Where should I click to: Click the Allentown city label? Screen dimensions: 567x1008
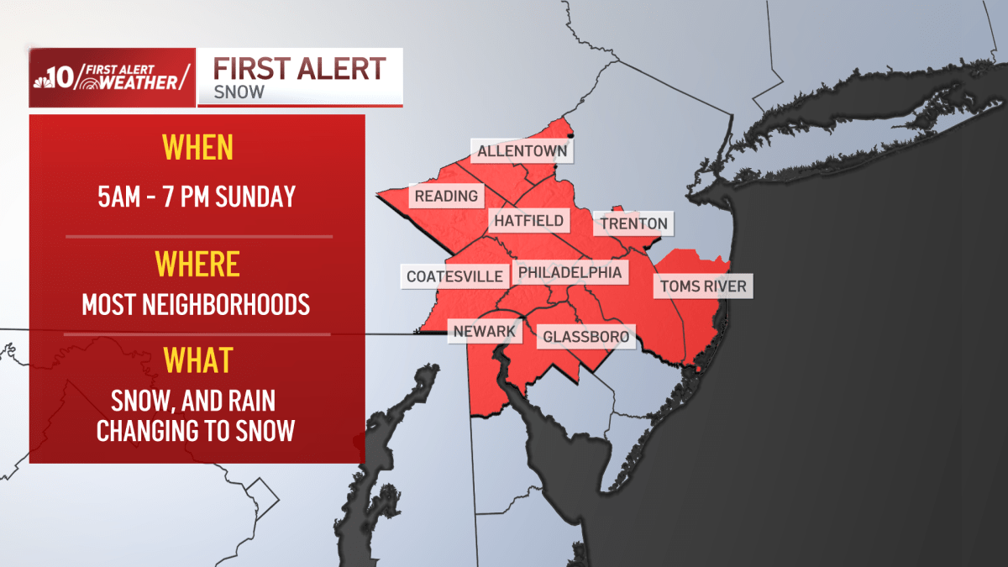click(523, 152)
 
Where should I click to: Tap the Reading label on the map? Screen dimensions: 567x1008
click(446, 196)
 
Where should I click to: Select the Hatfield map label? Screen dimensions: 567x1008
click(528, 222)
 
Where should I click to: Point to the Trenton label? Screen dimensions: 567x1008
click(634, 223)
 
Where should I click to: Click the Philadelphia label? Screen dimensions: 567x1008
click(570, 272)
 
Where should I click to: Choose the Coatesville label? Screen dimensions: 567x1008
click(454, 276)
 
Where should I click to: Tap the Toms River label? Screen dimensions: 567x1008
click(702, 286)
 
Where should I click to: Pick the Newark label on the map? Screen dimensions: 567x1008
click(484, 331)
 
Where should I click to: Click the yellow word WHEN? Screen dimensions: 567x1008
click(197, 148)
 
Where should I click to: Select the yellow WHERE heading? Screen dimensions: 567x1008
click(197, 265)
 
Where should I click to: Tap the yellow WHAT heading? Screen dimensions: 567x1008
click(197, 360)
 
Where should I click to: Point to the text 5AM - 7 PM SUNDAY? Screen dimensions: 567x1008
click(197, 197)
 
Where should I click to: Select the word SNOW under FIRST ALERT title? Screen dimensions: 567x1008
click(239, 92)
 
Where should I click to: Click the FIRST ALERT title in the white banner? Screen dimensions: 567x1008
click(299, 69)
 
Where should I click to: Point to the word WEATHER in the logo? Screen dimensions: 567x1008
click(139, 82)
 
